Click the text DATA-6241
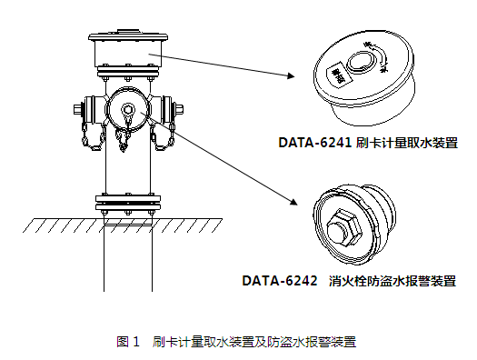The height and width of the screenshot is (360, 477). point(314,143)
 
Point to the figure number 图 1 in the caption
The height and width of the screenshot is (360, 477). point(128,342)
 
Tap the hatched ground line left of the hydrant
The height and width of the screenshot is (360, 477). point(64,223)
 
